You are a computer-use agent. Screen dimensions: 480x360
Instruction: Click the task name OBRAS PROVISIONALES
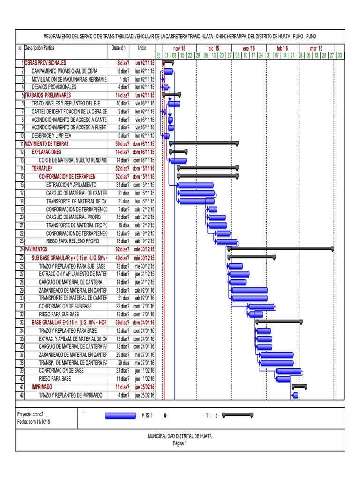[x=45, y=62]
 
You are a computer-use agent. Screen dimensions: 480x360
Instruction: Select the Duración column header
[x=119, y=48]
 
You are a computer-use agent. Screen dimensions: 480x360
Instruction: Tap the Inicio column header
[x=142, y=48]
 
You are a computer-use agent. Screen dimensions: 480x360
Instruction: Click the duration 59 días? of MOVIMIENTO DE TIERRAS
[x=120, y=144]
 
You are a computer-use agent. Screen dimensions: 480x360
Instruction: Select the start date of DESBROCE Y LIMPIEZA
[x=145, y=136]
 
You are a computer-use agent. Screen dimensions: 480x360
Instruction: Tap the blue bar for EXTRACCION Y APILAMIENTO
[x=195, y=185]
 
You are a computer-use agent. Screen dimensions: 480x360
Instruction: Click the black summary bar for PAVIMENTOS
[x=281, y=249]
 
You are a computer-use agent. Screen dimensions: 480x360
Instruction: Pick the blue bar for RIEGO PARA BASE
[x=283, y=379]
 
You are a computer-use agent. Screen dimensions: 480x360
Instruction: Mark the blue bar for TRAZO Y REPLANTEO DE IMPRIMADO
[x=295, y=396]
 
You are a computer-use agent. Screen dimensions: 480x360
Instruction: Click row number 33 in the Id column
[x=21, y=323]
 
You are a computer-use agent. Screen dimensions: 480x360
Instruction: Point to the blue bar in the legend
[x=121, y=415]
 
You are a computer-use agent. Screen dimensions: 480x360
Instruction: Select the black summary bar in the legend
[x=238, y=415]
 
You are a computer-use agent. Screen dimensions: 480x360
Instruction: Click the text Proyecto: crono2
[x=30, y=415]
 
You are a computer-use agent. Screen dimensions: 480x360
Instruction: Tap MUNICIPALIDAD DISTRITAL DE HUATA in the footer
[x=180, y=436]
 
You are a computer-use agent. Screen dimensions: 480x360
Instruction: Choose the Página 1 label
[x=180, y=443]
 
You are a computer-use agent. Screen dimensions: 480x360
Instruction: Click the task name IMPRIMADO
[x=42, y=387]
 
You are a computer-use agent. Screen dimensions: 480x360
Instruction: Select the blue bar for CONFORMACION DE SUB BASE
[x=262, y=307]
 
